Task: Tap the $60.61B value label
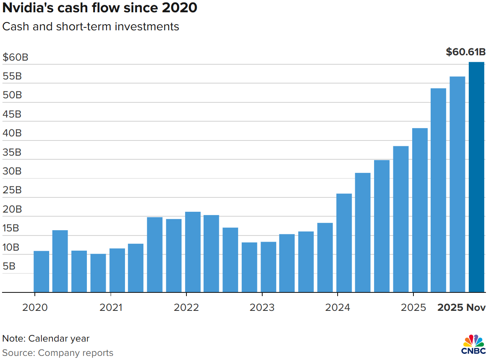tap(465, 52)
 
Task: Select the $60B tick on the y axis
tap(15, 57)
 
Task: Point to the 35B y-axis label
tap(12, 152)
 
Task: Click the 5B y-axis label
tap(9, 266)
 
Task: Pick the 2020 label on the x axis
tap(35, 307)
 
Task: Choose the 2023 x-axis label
tap(262, 307)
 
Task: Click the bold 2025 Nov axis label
tap(461, 307)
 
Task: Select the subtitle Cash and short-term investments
tap(91, 27)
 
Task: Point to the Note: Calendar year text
tap(45, 338)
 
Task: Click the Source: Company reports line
tap(57, 353)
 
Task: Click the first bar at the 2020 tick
tap(41, 272)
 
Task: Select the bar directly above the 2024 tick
tap(344, 243)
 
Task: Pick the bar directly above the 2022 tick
tap(193, 252)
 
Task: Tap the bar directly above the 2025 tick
tap(420, 210)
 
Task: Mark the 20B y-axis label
tap(12, 209)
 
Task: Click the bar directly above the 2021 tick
tap(117, 270)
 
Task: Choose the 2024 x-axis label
tap(338, 307)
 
